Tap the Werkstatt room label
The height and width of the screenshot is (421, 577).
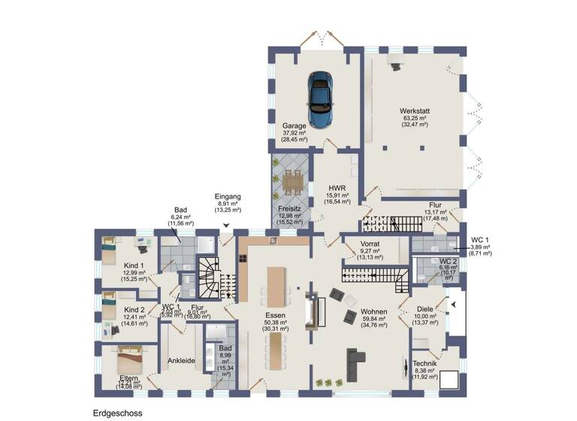[x=414, y=111]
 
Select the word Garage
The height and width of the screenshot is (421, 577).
[x=295, y=126]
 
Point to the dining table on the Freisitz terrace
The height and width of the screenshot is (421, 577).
[x=292, y=180]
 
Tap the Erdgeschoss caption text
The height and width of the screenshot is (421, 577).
[x=117, y=413]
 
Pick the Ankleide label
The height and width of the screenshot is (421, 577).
[x=181, y=361]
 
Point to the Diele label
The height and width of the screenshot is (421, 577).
[x=424, y=307]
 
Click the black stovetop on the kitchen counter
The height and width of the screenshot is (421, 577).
[x=243, y=258]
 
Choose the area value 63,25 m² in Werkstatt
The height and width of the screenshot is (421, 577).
[x=414, y=118]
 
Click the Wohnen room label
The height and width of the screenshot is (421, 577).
[x=373, y=310]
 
